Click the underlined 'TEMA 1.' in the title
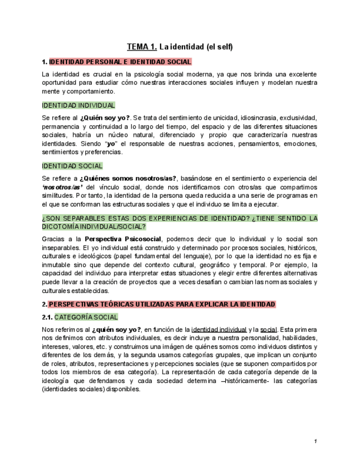coord(142,47)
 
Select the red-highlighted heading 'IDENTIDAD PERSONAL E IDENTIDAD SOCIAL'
coord(120,62)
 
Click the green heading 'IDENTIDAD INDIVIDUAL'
coord(79,105)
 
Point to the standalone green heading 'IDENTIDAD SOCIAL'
coord(72,166)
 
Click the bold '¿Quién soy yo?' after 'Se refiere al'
coord(105,118)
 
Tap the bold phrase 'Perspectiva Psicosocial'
coord(123,239)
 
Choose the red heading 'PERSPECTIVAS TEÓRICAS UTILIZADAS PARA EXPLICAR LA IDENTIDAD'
coord(162,304)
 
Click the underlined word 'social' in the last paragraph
coord(268,330)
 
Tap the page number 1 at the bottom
coord(315,441)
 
